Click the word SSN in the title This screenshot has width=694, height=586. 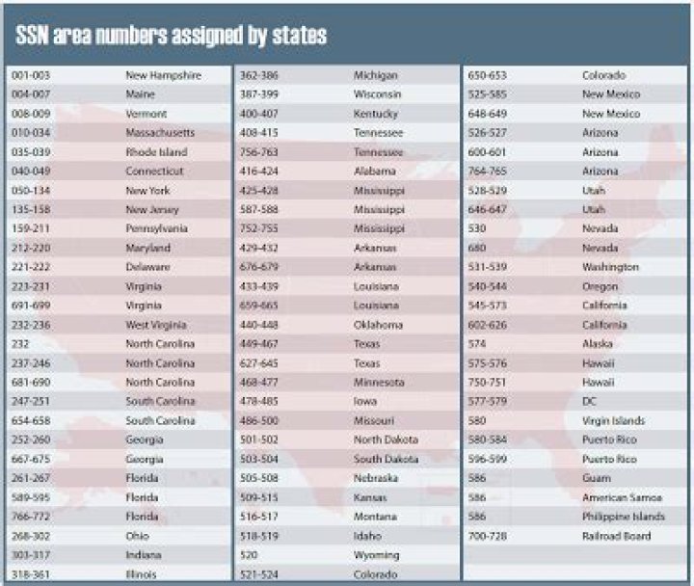[37, 36]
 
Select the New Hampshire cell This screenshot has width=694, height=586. [163, 75]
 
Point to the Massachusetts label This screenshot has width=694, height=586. [160, 132]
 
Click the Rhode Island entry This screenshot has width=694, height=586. [156, 151]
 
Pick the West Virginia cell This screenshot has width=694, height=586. [156, 325]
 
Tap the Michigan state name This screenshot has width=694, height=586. [376, 75]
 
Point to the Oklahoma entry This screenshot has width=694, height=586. [378, 325]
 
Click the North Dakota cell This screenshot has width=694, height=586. [386, 439]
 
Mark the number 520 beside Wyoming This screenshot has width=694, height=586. [249, 555]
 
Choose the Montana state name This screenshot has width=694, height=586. [376, 517]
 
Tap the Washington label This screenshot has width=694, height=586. [610, 267]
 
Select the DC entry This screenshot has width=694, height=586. [590, 401]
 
